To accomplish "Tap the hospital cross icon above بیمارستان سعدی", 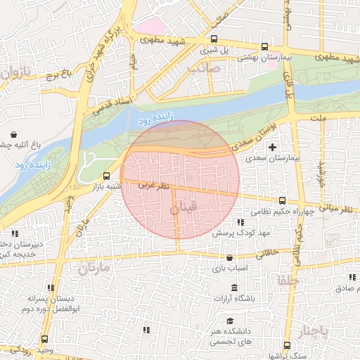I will tap(273, 148).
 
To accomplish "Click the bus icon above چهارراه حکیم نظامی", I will tap(282, 200).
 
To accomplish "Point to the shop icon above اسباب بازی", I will tap(229, 257).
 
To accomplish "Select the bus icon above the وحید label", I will tap(44, 339).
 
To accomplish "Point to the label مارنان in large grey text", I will tap(95, 268).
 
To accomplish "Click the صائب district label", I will tap(204, 68).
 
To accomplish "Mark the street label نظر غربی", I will tap(154, 187).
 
